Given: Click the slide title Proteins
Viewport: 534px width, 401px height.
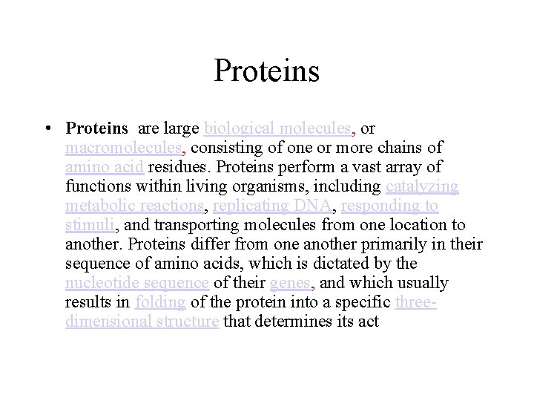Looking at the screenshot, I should tap(267, 71).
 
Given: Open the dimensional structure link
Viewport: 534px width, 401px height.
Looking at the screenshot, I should tap(141, 322).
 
